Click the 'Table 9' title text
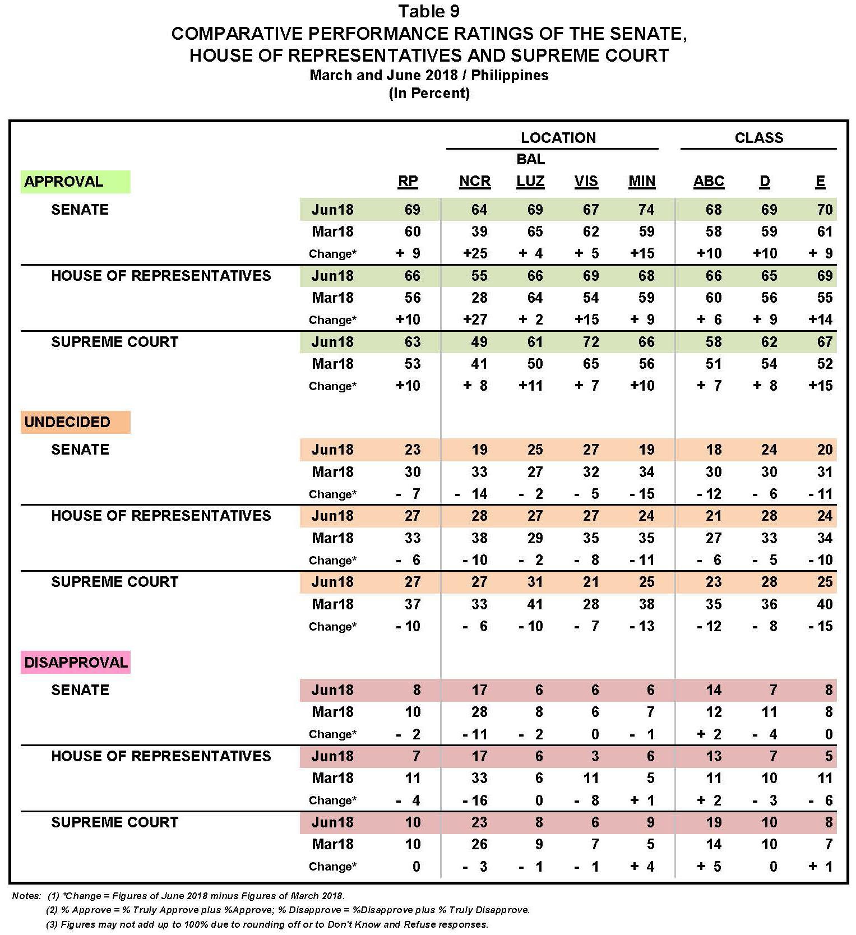pyautogui.click(x=429, y=11)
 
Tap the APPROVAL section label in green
pyautogui.click(x=64, y=182)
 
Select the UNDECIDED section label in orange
pyautogui.click(x=67, y=422)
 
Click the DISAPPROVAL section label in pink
pyautogui.click(x=76, y=663)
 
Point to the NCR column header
pyautogui.click(x=474, y=182)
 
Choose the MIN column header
pyautogui.click(x=641, y=182)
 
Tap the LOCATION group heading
pyautogui.click(x=558, y=138)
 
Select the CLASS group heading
pyautogui.click(x=758, y=138)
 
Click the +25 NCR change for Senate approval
pyautogui.click(x=474, y=253)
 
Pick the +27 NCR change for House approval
pyautogui.click(x=474, y=320)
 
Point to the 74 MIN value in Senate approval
pyautogui.click(x=646, y=210)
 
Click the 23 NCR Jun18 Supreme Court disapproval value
pyautogui.click(x=479, y=822)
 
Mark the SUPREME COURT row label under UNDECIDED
pyautogui.click(x=114, y=582)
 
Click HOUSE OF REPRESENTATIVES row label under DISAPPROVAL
pyautogui.click(x=161, y=756)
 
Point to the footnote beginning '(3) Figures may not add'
pyautogui.click(x=267, y=924)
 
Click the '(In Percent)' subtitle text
pyautogui.click(x=429, y=93)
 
